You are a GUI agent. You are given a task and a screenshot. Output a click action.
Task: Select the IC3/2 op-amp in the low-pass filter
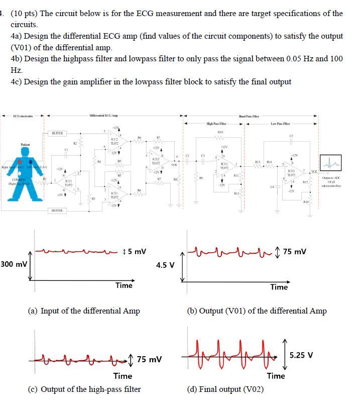pyautogui.click(x=295, y=174)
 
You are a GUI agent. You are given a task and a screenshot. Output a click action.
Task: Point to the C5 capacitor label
pyautogui.click(x=291, y=135)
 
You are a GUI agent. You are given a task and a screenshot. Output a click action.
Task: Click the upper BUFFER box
pyautogui.click(x=57, y=133)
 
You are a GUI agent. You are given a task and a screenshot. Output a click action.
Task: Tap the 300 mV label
pyautogui.click(x=14, y=264)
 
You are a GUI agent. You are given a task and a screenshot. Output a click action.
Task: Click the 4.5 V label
pyautogui.click(x=166, y=265)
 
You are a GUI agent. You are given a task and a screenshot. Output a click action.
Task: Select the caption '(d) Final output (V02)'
pyautogui.click(x=225, y=389)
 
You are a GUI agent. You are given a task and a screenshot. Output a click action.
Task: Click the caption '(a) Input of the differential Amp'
pyautogui.click(x=84, y=311)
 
